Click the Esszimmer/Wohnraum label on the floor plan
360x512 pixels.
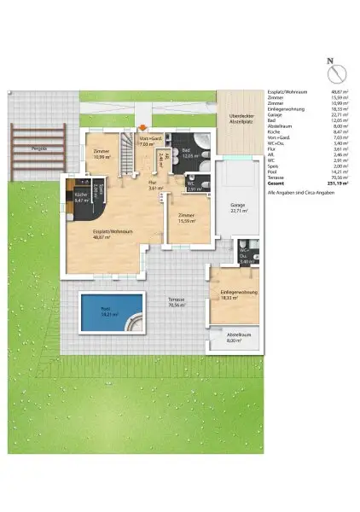pyautogui.click(x=113, y=232)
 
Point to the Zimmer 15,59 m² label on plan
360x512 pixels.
pyautogui.click(x=187, y=218)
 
